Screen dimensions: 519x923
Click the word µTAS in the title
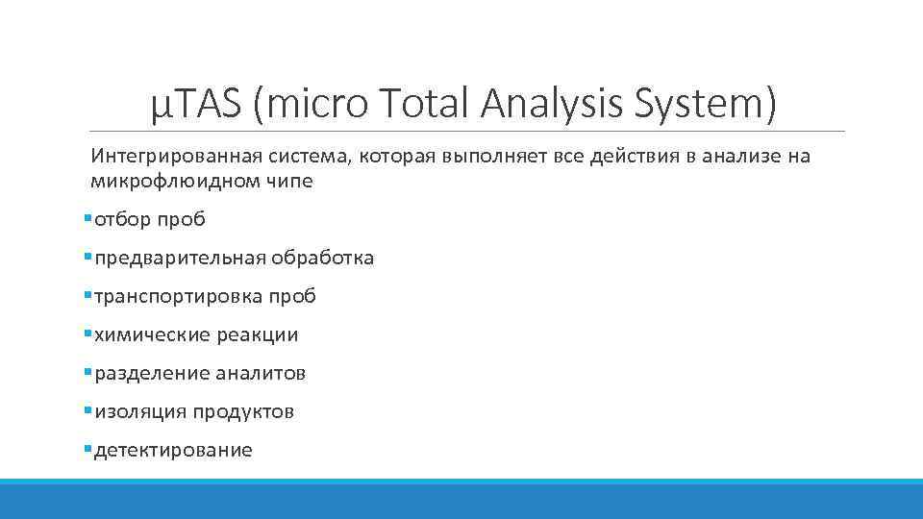coord(196,103)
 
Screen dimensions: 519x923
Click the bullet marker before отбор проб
coord(87,219)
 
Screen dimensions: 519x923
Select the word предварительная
coord(181,258)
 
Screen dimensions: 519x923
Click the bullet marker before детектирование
coord(87,450)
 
